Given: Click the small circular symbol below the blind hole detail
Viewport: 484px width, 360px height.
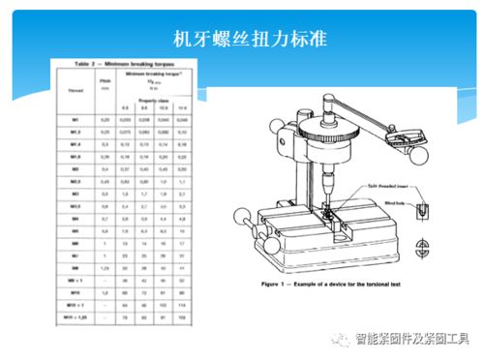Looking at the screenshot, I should pos(424,245).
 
